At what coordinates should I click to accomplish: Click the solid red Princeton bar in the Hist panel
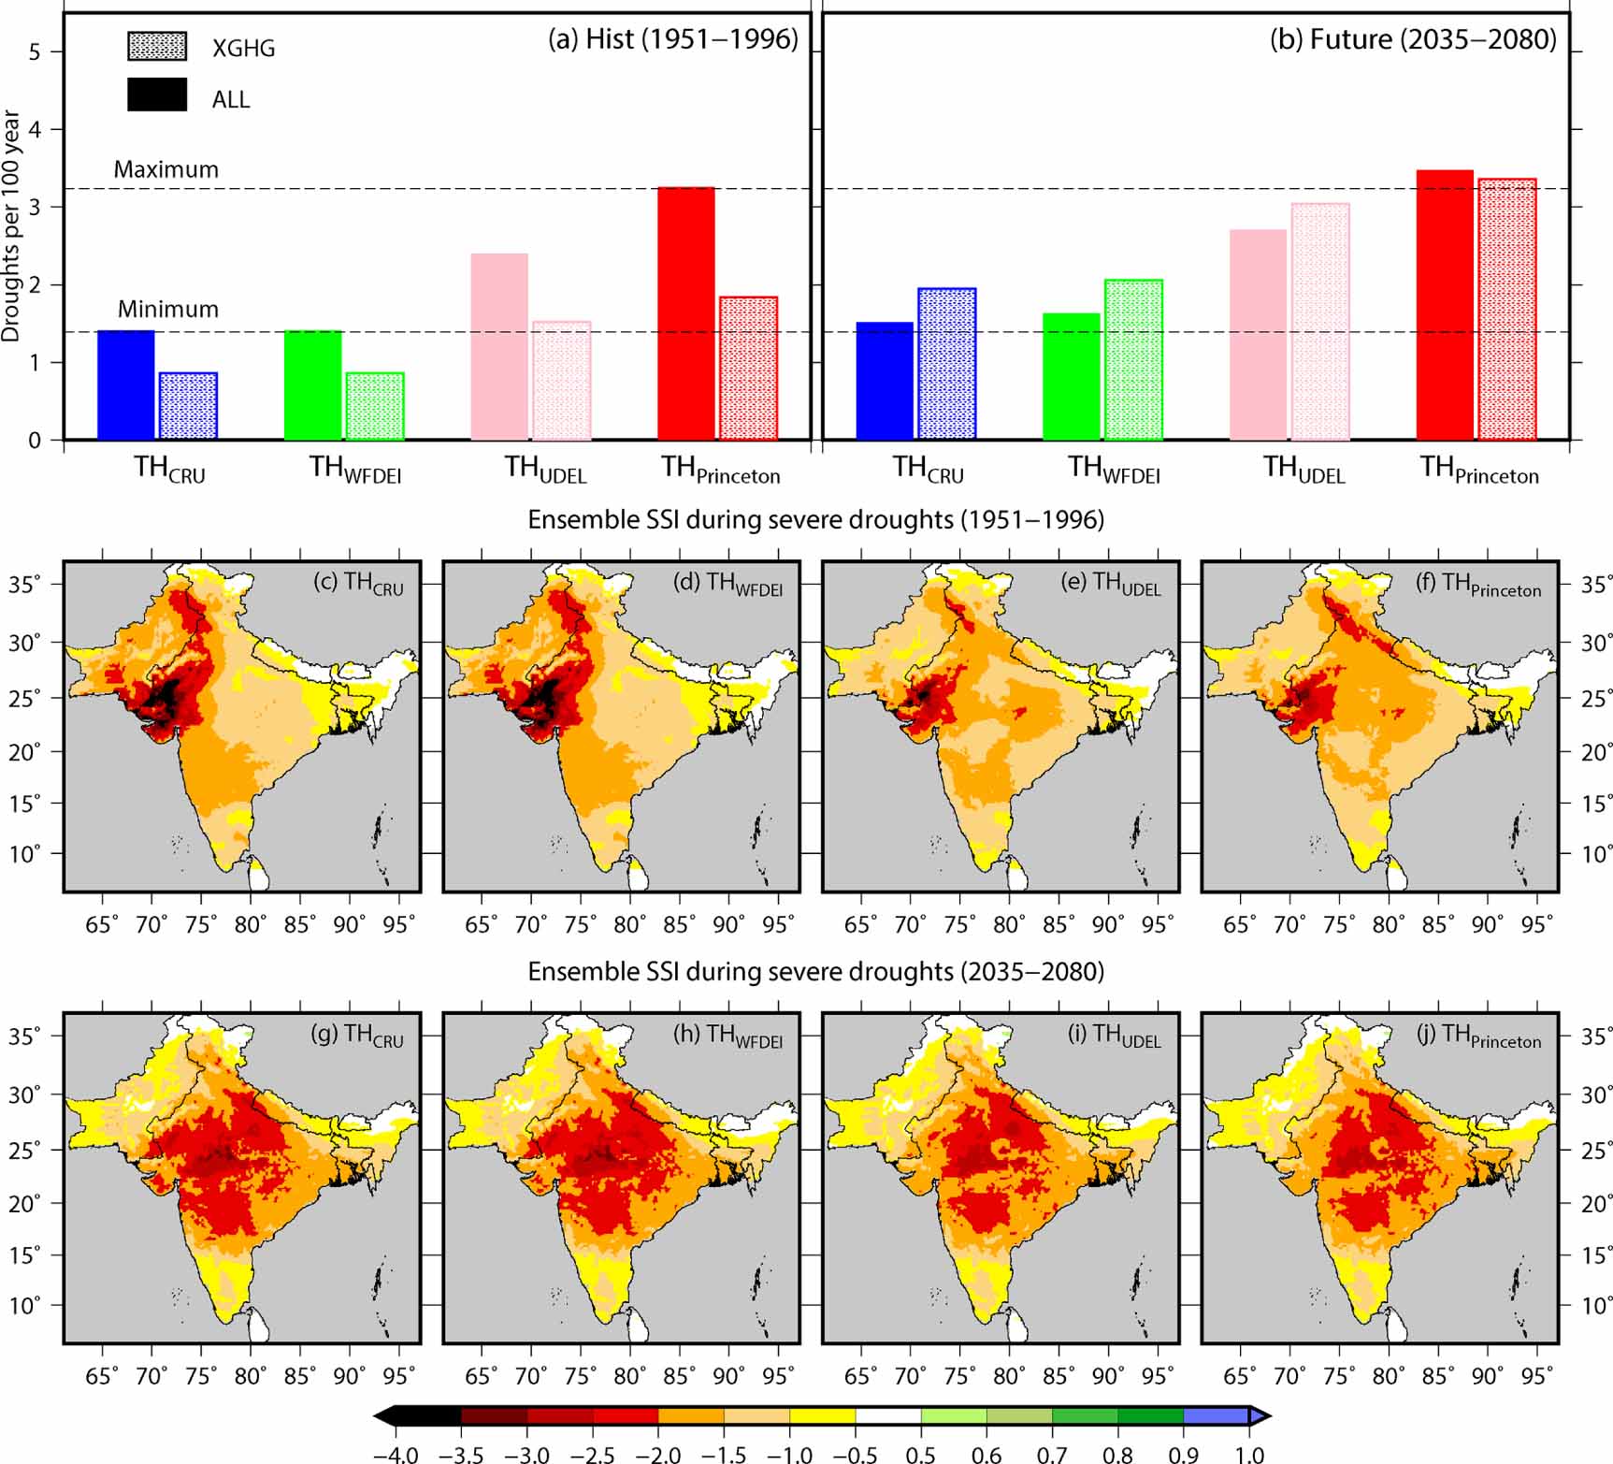pyautogui.click(x=686, y=313)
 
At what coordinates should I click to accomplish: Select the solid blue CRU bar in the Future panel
pyautogui.click(x=885, y=381)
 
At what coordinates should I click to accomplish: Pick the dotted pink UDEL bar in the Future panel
pyautogui.click(x=1320, y=322)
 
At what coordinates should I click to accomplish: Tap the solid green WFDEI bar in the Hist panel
pyautogui.click(x=312, y=384)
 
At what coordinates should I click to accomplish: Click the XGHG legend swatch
pyautogui.click(x=157, y=47)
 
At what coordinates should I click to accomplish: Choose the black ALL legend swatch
pyautogui.click(x=157, y=94)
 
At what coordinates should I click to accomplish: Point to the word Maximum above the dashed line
pyautogui.click(x=166, y=169)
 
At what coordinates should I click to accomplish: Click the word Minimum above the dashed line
pyautogui.click(x=167, y=309)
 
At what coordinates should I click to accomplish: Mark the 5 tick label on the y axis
pyautogui.click(x=35, y=51)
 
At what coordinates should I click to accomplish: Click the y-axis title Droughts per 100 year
pyautogui.click(x=11, y=225)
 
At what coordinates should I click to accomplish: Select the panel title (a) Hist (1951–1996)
pyautogui.click(x=673, y=39)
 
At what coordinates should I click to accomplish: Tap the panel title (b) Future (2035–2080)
pyautogui.click(x=1413, y=39)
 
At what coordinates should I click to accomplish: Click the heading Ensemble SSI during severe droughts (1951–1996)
pyautogui.click(x=815, y=519)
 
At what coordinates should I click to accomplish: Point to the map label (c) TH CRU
pyautogui.click(x=358, y=583)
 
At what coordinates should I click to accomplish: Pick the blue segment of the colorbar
pyautogui.click(x=1217, y=1415)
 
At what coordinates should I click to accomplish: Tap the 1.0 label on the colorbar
pyautogui.click(x=1249, y=1455)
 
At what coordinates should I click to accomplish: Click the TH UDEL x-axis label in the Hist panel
pyautogui.click(x=545, y=469)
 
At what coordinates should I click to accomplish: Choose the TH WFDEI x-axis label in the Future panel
pyautogui.click(x=1114, y=469)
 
